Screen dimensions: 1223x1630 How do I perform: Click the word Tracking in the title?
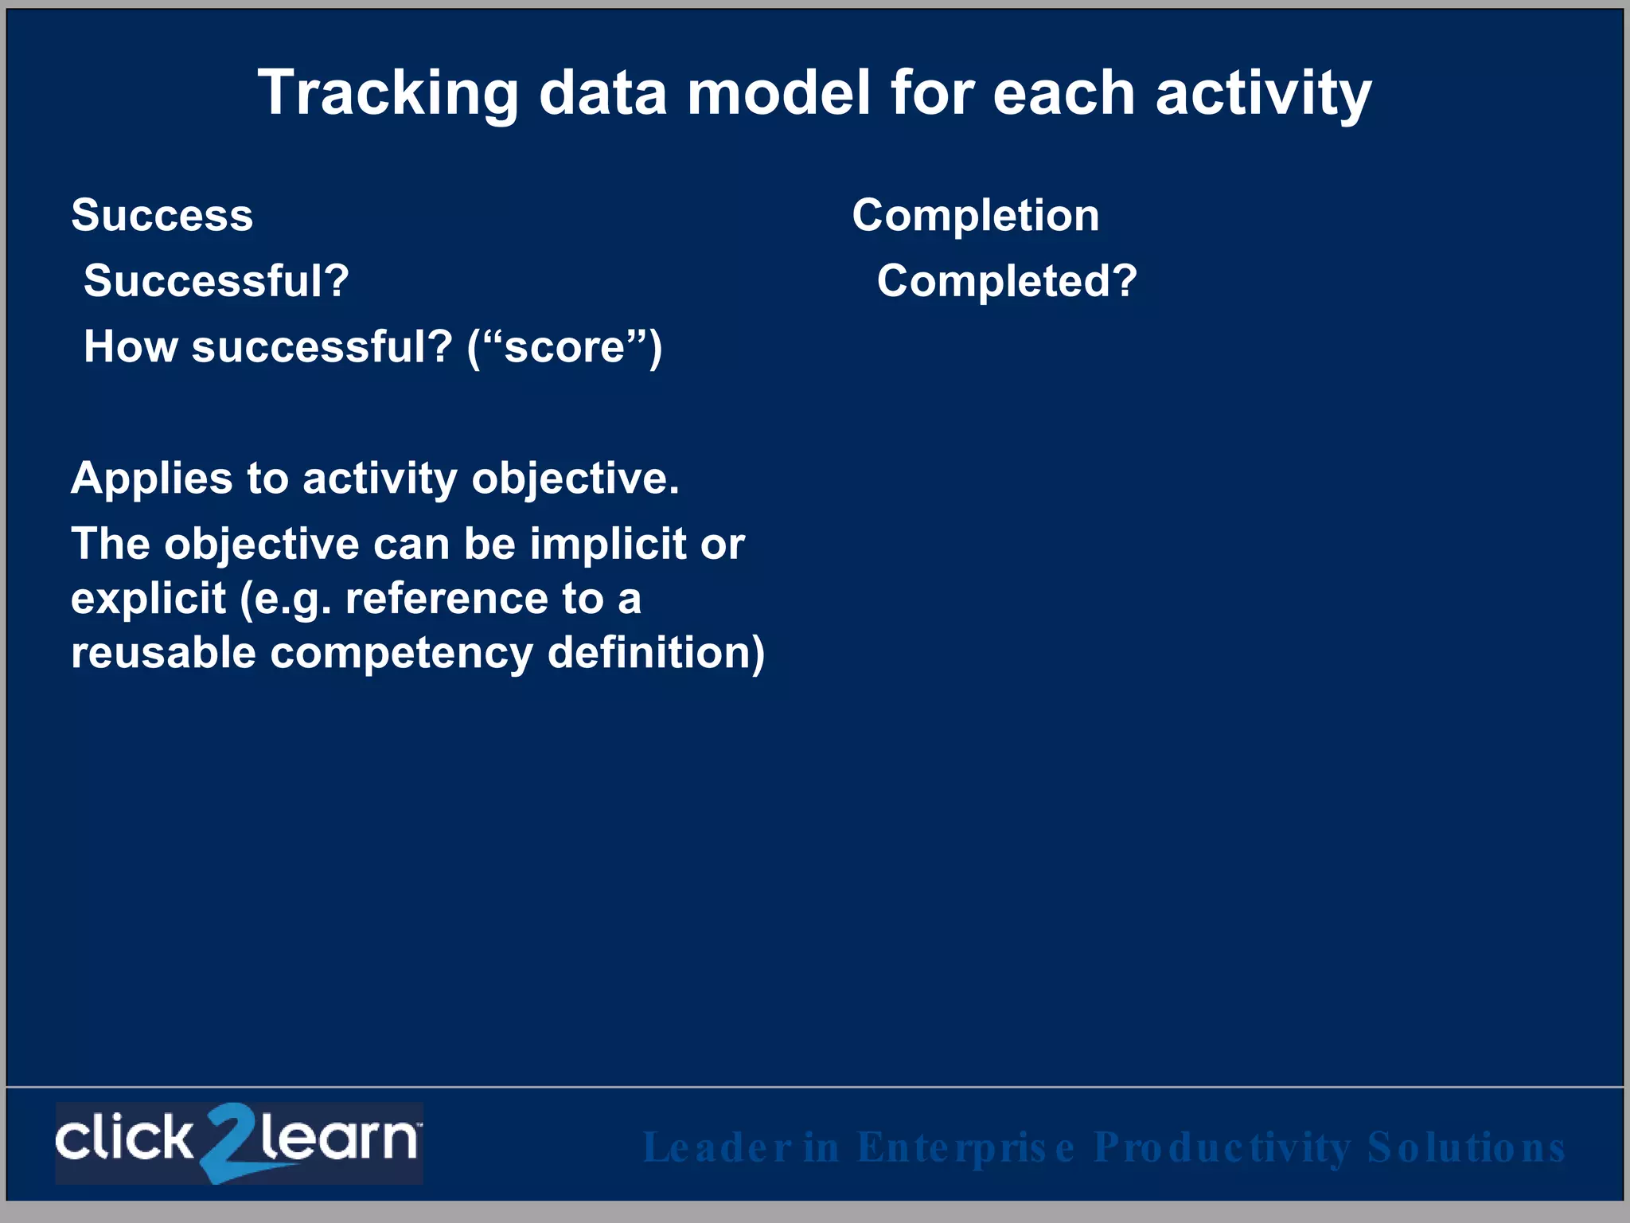388,94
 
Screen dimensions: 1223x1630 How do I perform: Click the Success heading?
162,215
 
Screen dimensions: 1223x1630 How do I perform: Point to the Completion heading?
976,215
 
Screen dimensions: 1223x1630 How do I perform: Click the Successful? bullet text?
216,281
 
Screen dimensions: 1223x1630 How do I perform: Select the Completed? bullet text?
1007,281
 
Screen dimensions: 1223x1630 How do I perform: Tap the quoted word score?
564,348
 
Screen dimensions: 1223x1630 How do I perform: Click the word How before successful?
131,347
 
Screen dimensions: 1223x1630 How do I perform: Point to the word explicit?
149,599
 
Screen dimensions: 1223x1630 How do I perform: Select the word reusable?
163,653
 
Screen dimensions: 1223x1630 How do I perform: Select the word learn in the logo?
338,1139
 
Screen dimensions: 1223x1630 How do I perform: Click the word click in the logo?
123,1139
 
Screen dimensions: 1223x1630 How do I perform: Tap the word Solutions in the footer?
1466,1148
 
